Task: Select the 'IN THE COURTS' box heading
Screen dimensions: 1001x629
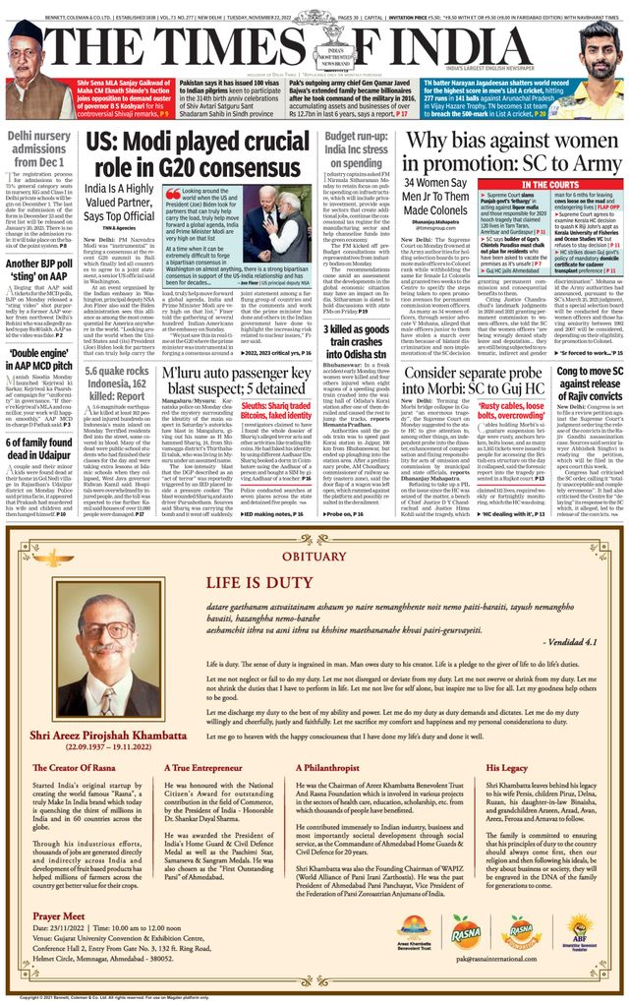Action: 549,185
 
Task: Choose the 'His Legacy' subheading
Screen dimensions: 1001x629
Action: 507,769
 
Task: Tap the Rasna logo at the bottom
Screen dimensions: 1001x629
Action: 466,933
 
